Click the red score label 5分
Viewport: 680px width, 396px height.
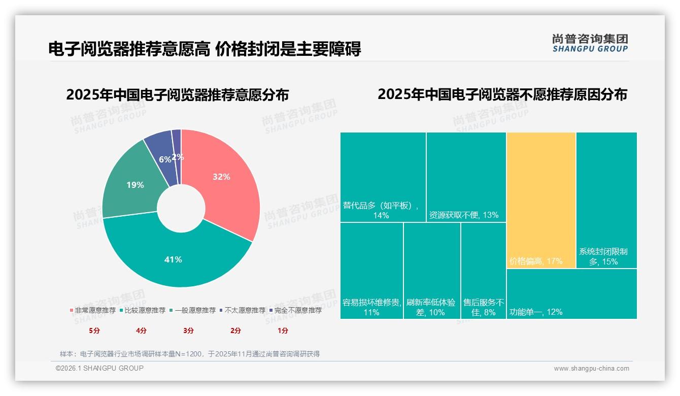pyautogui.click(x=94, y=331)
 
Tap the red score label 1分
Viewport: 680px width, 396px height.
pyautogui.click(x=283, y=331)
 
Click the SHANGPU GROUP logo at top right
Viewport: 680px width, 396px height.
pyautogui.click(x=590, y=43)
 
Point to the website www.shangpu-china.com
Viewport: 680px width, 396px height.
pyautogui.click(x=591, y=369)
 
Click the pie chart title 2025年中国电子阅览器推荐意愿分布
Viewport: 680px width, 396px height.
pyautogui.click(x=177, y=95)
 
